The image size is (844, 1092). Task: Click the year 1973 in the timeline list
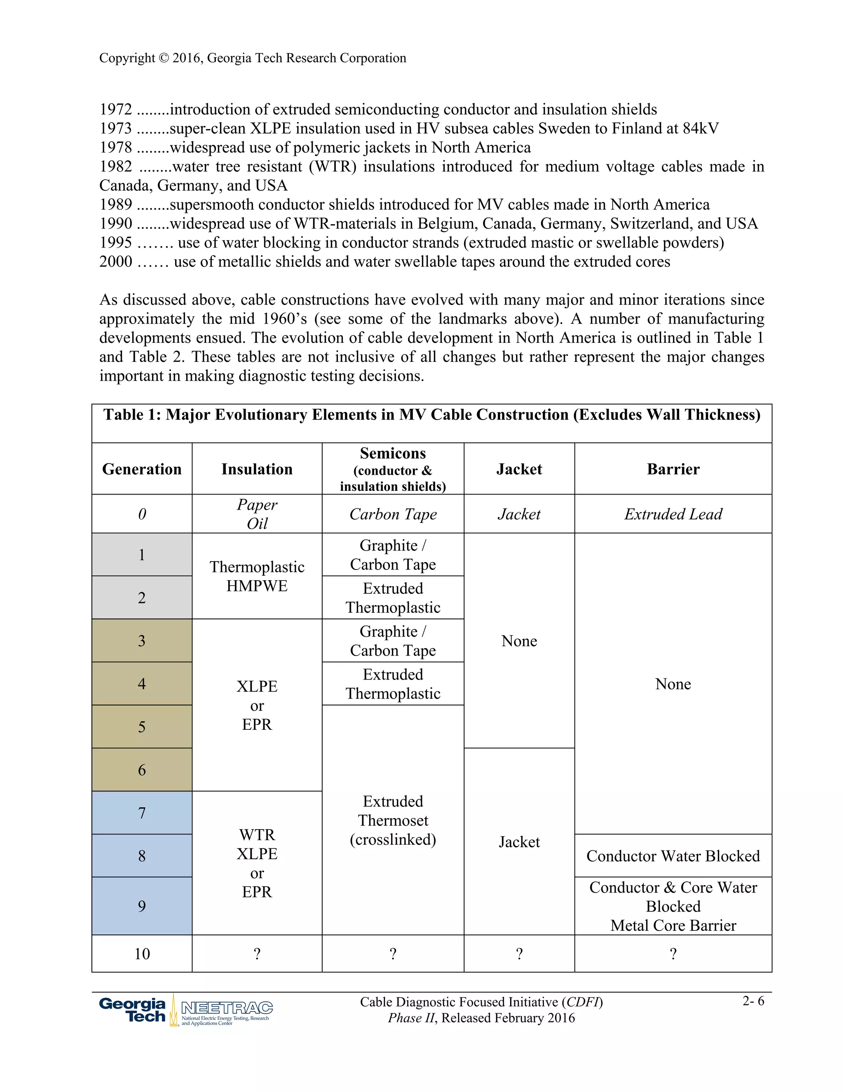pos(115,129)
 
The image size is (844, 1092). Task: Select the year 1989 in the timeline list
pos(115,204)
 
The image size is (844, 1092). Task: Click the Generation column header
pos(142,469)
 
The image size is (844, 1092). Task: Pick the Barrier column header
pos(673,469)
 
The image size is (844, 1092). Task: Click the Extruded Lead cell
pos(673,514)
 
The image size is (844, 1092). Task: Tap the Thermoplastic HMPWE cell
pos(257,576)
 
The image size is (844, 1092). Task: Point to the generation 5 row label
pos(142,726)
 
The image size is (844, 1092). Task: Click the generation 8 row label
pos(142,856)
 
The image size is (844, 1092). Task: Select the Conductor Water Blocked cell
pos(673,856)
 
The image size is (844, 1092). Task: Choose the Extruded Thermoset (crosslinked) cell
pos(393,820)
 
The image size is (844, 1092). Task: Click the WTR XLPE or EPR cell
pos(257,863)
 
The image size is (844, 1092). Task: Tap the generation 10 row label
pos(142,954)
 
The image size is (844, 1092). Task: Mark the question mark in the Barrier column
pos(673,954)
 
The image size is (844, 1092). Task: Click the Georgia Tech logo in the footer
pos(133,1010)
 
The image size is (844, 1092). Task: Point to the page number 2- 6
pos(753,1001)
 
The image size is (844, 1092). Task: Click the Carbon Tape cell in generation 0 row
pos(393,514)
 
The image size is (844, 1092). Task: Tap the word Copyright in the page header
pos(127,58)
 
